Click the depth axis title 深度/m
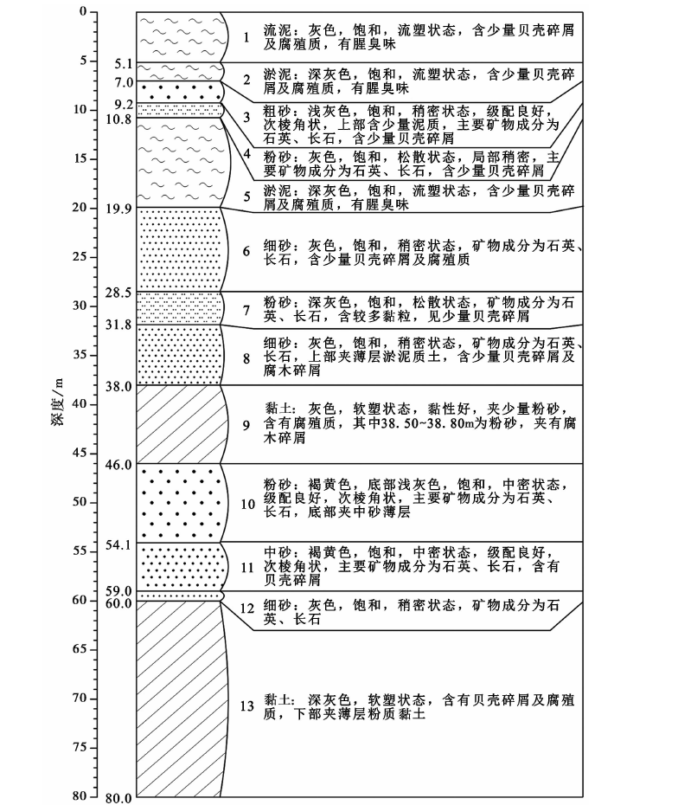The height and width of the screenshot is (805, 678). (x=57, y=402)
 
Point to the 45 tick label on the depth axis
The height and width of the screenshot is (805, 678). (x=80, y=453)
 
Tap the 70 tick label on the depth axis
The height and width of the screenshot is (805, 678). (x=80, y=699)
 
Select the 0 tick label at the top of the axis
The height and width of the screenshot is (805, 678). (x=84, y=11)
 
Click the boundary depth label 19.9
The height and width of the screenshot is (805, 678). (x=118, y=209)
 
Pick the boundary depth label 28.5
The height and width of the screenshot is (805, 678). (x=118, y=293)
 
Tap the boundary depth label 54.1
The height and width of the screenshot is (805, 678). (x=118, y=544)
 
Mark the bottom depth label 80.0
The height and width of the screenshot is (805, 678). (x=118, y=798)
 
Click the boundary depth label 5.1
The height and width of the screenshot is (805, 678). (x=123, y=64)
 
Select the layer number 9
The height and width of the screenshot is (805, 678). (x=246, y=425)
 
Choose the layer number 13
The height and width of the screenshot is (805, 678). (x=247, y=706)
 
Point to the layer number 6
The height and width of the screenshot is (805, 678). (x=246, y=251)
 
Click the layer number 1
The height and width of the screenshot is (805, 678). (x=246, y=37)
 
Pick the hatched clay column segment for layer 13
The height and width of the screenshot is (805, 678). (x=180, y=699)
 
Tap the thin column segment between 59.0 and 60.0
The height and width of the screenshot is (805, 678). (x=180, y=596)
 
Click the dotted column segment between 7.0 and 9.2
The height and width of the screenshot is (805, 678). (x=180, y=92)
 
